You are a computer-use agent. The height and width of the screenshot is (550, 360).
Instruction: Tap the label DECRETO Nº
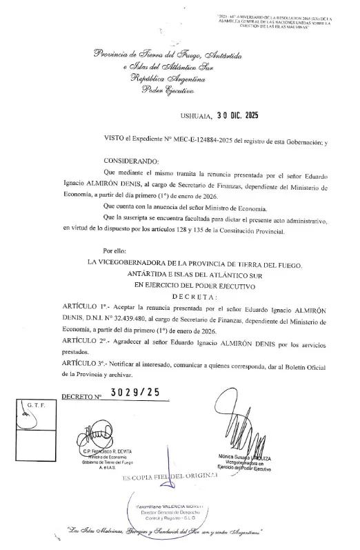coord(81,397)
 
